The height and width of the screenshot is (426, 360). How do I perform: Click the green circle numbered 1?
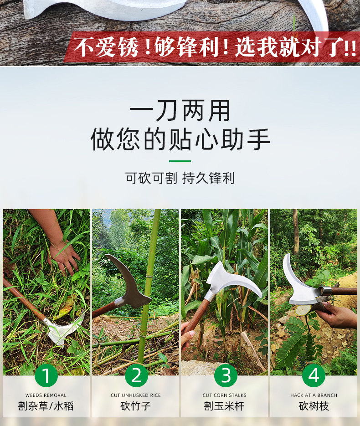[46, 375]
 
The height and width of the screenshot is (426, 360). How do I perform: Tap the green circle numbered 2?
[136, 375]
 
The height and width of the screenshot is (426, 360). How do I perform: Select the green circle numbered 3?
[226, 375]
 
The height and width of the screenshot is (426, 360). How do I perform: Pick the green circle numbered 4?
[314, 375]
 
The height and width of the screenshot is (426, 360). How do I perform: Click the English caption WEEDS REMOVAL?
[46, 395]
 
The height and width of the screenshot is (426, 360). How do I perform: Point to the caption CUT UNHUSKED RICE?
[136, 395]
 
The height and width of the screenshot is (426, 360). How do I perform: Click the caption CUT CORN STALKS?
[224, 395]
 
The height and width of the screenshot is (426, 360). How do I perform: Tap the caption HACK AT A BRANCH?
[314, 395]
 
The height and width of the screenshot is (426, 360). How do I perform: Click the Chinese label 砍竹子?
[136, 406]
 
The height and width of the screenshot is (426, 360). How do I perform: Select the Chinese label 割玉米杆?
[224, 406]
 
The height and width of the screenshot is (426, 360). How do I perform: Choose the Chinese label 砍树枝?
[314, 406]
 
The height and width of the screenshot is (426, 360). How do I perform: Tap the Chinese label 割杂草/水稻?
[46, 406]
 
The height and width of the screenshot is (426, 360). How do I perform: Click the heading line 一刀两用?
[180, 111]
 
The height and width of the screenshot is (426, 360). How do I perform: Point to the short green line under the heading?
[180, 161]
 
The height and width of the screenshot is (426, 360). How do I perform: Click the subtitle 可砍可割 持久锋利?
[180, 178]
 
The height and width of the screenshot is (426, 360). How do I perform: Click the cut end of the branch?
[303, 310]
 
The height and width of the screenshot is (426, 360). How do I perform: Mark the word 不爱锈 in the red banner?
[106, 47]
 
